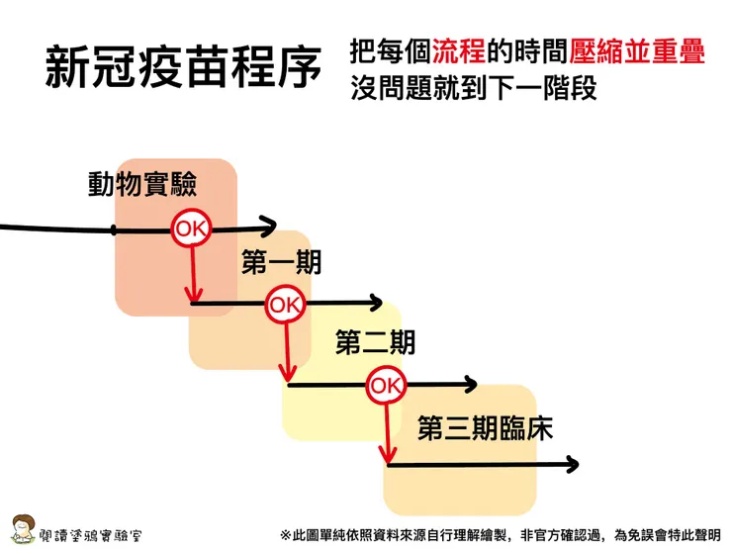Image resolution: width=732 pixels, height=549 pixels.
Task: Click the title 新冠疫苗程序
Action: tap(183, 68)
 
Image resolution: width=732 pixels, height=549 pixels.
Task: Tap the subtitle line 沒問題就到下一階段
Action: tap(475, 89)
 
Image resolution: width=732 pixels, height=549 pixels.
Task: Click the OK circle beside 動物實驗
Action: tap(190, 229)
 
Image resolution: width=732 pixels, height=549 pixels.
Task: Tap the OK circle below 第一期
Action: tap(285, 305)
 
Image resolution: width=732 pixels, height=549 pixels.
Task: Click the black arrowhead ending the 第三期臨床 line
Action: tap(571, 463)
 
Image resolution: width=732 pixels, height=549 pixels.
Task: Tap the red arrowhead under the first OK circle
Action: tap(194, 295)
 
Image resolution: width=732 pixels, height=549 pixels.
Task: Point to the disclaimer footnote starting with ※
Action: tap(500, 534)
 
